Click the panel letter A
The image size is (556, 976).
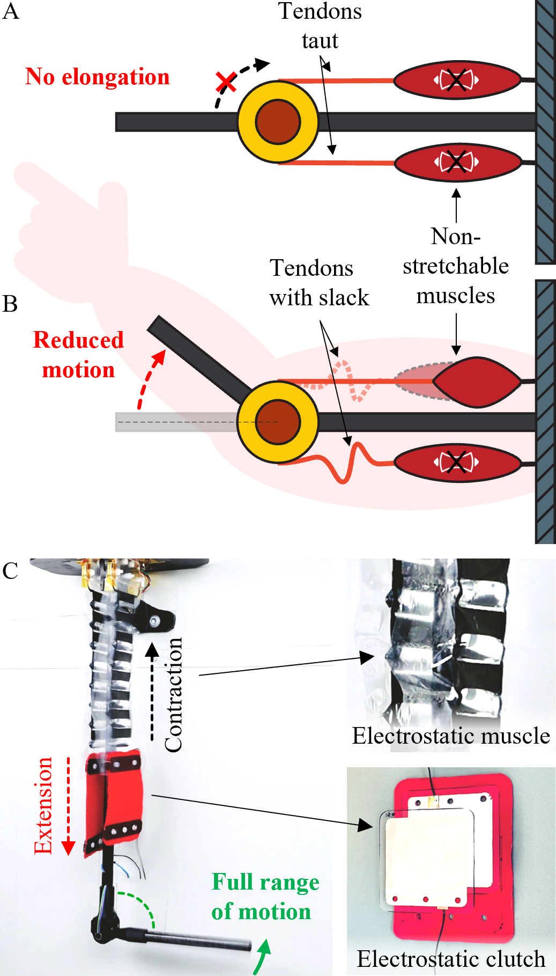[x=11, y=12]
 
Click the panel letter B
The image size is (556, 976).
[x=10, y=304]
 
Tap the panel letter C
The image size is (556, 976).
[x=10, y=571]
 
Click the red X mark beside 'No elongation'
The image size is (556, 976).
[x=226, y=83]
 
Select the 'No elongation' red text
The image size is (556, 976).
[x=98, y=77]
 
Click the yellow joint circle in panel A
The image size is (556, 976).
[x=278, y=122]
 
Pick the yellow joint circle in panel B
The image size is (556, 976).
[x=278, y=422]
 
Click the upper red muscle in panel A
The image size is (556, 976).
[x=457, y=80]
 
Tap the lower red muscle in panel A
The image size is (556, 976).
[x=457, y=162]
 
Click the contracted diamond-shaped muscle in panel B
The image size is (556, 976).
[x=476, y=382]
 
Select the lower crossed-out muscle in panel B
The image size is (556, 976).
[x=457, y=462]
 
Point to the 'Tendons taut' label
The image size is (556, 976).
[x=320, y=26]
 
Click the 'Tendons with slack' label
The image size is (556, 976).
[x=319, y=283]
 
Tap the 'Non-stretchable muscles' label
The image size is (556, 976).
[x=456, y=266]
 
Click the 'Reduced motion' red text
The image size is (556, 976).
[x=78, y=355]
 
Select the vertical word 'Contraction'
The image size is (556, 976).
[x=173, y=695]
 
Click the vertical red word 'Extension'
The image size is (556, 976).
[x=43, y=805]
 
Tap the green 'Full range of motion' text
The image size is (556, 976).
[x=265, y=897]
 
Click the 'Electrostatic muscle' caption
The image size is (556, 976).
[x=450, y=736]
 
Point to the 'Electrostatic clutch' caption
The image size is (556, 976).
[x=450, y=959]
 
